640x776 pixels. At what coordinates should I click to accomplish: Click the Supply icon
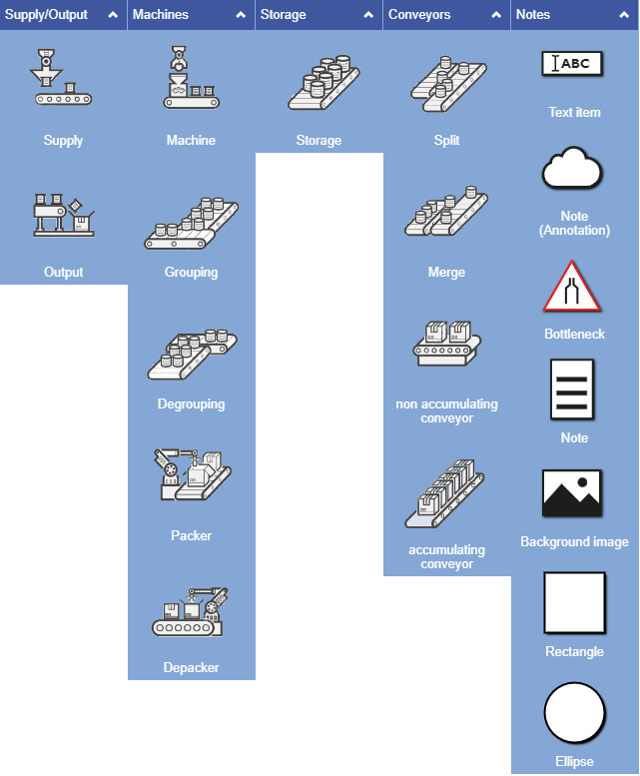(x=64, y=78)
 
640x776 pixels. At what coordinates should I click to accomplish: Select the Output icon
(x=64, y=213)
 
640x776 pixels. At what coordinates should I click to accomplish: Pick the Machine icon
(x=191, y=78)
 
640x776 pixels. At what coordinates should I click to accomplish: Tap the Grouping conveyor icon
(x=191, y=222)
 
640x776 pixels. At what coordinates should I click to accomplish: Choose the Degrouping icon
(x=191, y=354)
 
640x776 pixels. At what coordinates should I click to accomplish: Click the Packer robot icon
(x=191, y=473)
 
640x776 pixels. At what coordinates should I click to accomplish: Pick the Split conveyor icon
(x=446, y=82)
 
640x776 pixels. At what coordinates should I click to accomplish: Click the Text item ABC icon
(x=574, y=64)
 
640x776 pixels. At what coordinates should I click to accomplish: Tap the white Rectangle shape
(x=574, y=603)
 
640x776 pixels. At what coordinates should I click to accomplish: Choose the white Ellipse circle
(x=574, y=714)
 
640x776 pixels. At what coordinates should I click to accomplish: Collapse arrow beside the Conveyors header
(x=496, y=15)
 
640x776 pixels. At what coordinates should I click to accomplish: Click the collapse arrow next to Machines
(x=241, y=15)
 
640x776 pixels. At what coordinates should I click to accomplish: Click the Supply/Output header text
(x=47, y=15)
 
